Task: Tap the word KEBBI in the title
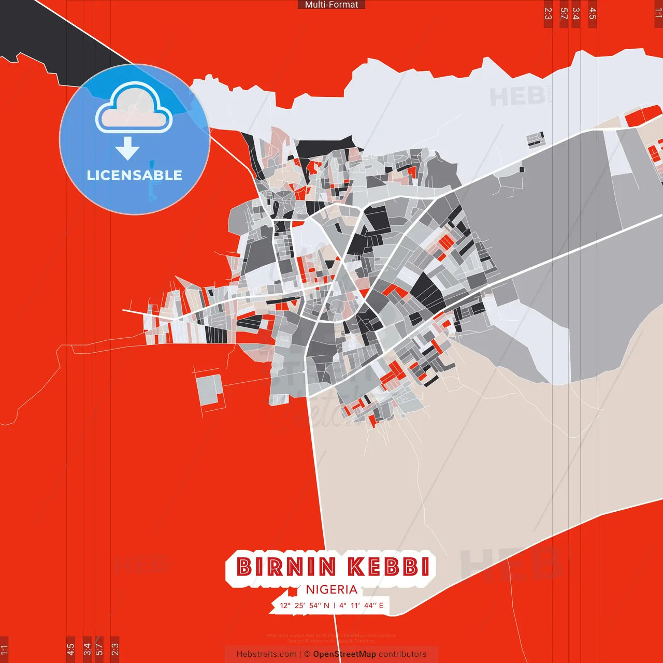click(x=389, y=567)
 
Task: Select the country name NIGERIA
click(x=331, y=589)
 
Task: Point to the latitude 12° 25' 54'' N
click(x=305, y=606)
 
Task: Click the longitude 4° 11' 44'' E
click(x=362, y=606)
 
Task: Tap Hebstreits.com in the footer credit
click(x=266, y=654)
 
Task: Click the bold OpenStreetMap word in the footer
click(x=344, y=654)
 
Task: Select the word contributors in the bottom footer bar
click(x=402, y=654)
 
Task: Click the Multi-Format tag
click(x=331, y=5)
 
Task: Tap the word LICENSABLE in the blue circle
click(x=135, y=175)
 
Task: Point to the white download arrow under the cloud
click(x=127, y=148)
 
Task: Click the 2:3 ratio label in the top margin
click(x=548, y=13)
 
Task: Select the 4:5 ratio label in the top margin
click(x=593, y=13)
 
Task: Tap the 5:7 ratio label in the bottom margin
click(x=99, y=648)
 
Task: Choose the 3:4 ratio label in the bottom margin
click(x=87, y=648)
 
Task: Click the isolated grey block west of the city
click(x=209, y=390)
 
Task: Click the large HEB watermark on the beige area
click(x=510, y=564)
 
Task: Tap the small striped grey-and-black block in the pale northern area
click(x=536, y=139)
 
